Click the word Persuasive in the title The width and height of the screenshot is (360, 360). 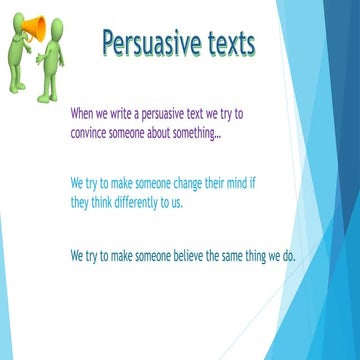(x=149, y=44)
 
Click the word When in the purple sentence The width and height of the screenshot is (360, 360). (x=84, y=114)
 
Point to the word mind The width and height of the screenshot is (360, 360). (x=257, y=185)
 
